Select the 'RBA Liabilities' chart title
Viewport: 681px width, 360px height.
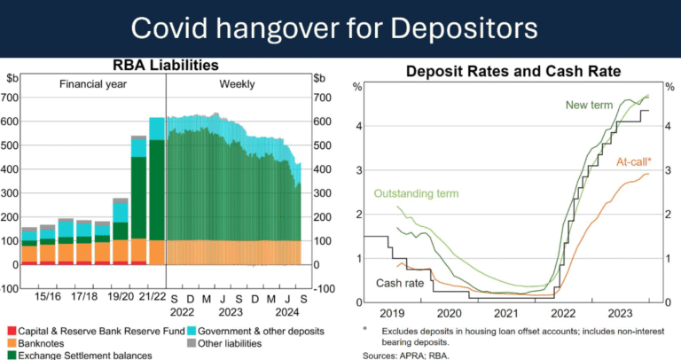click(165, 66)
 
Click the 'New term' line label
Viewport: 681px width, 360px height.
click(589, 106)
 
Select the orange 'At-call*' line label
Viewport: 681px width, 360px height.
click(633, 162)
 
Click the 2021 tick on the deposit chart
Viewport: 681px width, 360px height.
click(505, 313)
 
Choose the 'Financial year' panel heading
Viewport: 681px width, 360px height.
click(93, 84)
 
